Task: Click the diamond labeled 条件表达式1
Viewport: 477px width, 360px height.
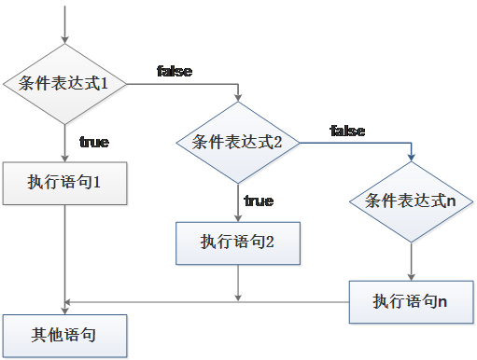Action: point(64,84)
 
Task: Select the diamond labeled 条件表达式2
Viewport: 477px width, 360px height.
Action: point(237,142)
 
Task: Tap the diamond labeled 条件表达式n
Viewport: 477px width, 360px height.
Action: point(411,201)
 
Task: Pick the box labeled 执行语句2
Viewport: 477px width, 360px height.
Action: point(237,242)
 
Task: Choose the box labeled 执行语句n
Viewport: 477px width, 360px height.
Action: point(411,301)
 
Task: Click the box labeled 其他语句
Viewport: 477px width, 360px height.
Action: point(64,334)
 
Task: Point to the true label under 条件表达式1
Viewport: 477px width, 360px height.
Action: point(93,143)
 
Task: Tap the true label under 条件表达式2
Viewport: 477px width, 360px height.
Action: point(259,201)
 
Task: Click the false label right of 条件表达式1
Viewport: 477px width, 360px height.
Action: point(175,72)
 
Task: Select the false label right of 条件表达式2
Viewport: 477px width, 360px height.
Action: point(347,132)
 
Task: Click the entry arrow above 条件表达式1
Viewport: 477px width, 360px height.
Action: point(64,23)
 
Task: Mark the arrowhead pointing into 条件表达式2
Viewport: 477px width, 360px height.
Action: point(237,97)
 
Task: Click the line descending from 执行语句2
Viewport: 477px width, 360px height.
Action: point(237,283)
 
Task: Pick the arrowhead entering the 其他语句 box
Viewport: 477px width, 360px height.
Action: point(64,309)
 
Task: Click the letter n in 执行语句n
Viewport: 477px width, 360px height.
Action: point(442,301)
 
